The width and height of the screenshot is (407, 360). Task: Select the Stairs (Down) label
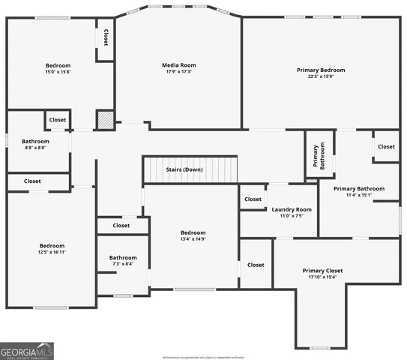[x=184, y=169]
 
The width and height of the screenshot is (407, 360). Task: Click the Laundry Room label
[x=291, y=209]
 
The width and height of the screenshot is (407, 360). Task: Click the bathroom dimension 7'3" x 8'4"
[x=123, y=264]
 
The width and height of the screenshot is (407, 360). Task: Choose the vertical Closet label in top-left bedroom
[x=106, y=37]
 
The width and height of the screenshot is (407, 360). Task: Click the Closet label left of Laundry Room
[x=253, y=199]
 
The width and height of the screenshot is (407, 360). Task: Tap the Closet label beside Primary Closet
[x=256, y=265]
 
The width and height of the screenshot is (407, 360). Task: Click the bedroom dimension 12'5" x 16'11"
[x=52, y=253]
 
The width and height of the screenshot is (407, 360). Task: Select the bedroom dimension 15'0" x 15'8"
[x=58, y=72]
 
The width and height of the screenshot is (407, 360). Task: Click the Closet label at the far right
[x=386, y=146]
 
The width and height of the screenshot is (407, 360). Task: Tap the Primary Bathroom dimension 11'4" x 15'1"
[x=359, y=195]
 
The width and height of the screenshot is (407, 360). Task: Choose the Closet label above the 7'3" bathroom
[x=121, y=225]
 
